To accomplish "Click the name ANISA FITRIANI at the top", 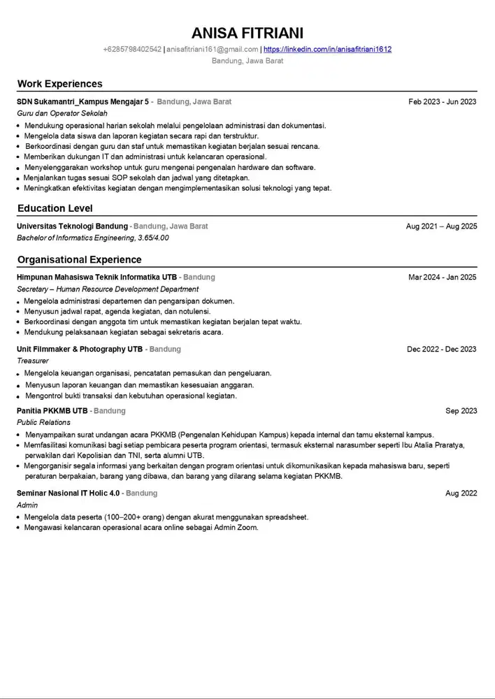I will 247,33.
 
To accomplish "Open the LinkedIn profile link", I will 327,50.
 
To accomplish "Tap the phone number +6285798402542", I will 132,50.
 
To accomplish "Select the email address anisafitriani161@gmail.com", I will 213,50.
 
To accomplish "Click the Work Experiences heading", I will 59,84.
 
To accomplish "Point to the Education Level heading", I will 55,208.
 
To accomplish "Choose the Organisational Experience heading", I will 79,260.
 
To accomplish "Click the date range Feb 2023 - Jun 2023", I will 442,102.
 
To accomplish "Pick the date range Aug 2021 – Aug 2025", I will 441,226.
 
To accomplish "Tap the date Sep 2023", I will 461,411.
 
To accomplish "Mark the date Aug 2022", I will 461,493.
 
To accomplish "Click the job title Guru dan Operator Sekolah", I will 62,113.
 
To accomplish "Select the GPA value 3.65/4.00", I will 153,238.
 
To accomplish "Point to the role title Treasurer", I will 33,361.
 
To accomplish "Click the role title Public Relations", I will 43,422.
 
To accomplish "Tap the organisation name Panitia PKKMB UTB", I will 52,411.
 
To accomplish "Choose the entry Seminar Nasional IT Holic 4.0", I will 69,493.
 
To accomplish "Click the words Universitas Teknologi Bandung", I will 72,226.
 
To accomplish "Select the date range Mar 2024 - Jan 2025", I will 442,278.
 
